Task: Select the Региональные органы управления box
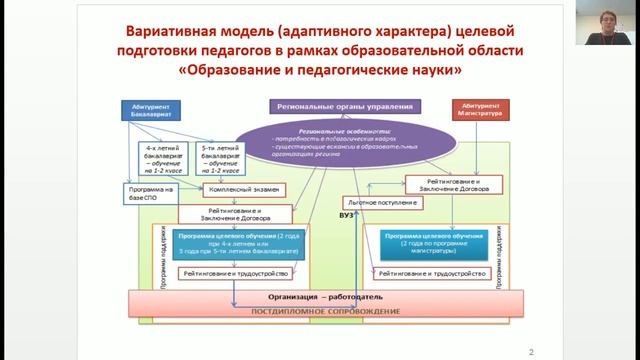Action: [x=343, y=105]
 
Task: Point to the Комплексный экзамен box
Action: [x=243, y=189]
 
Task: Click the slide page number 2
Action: [x=530, y=350]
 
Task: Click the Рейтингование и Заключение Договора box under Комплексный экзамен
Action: [x=236, y=213]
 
